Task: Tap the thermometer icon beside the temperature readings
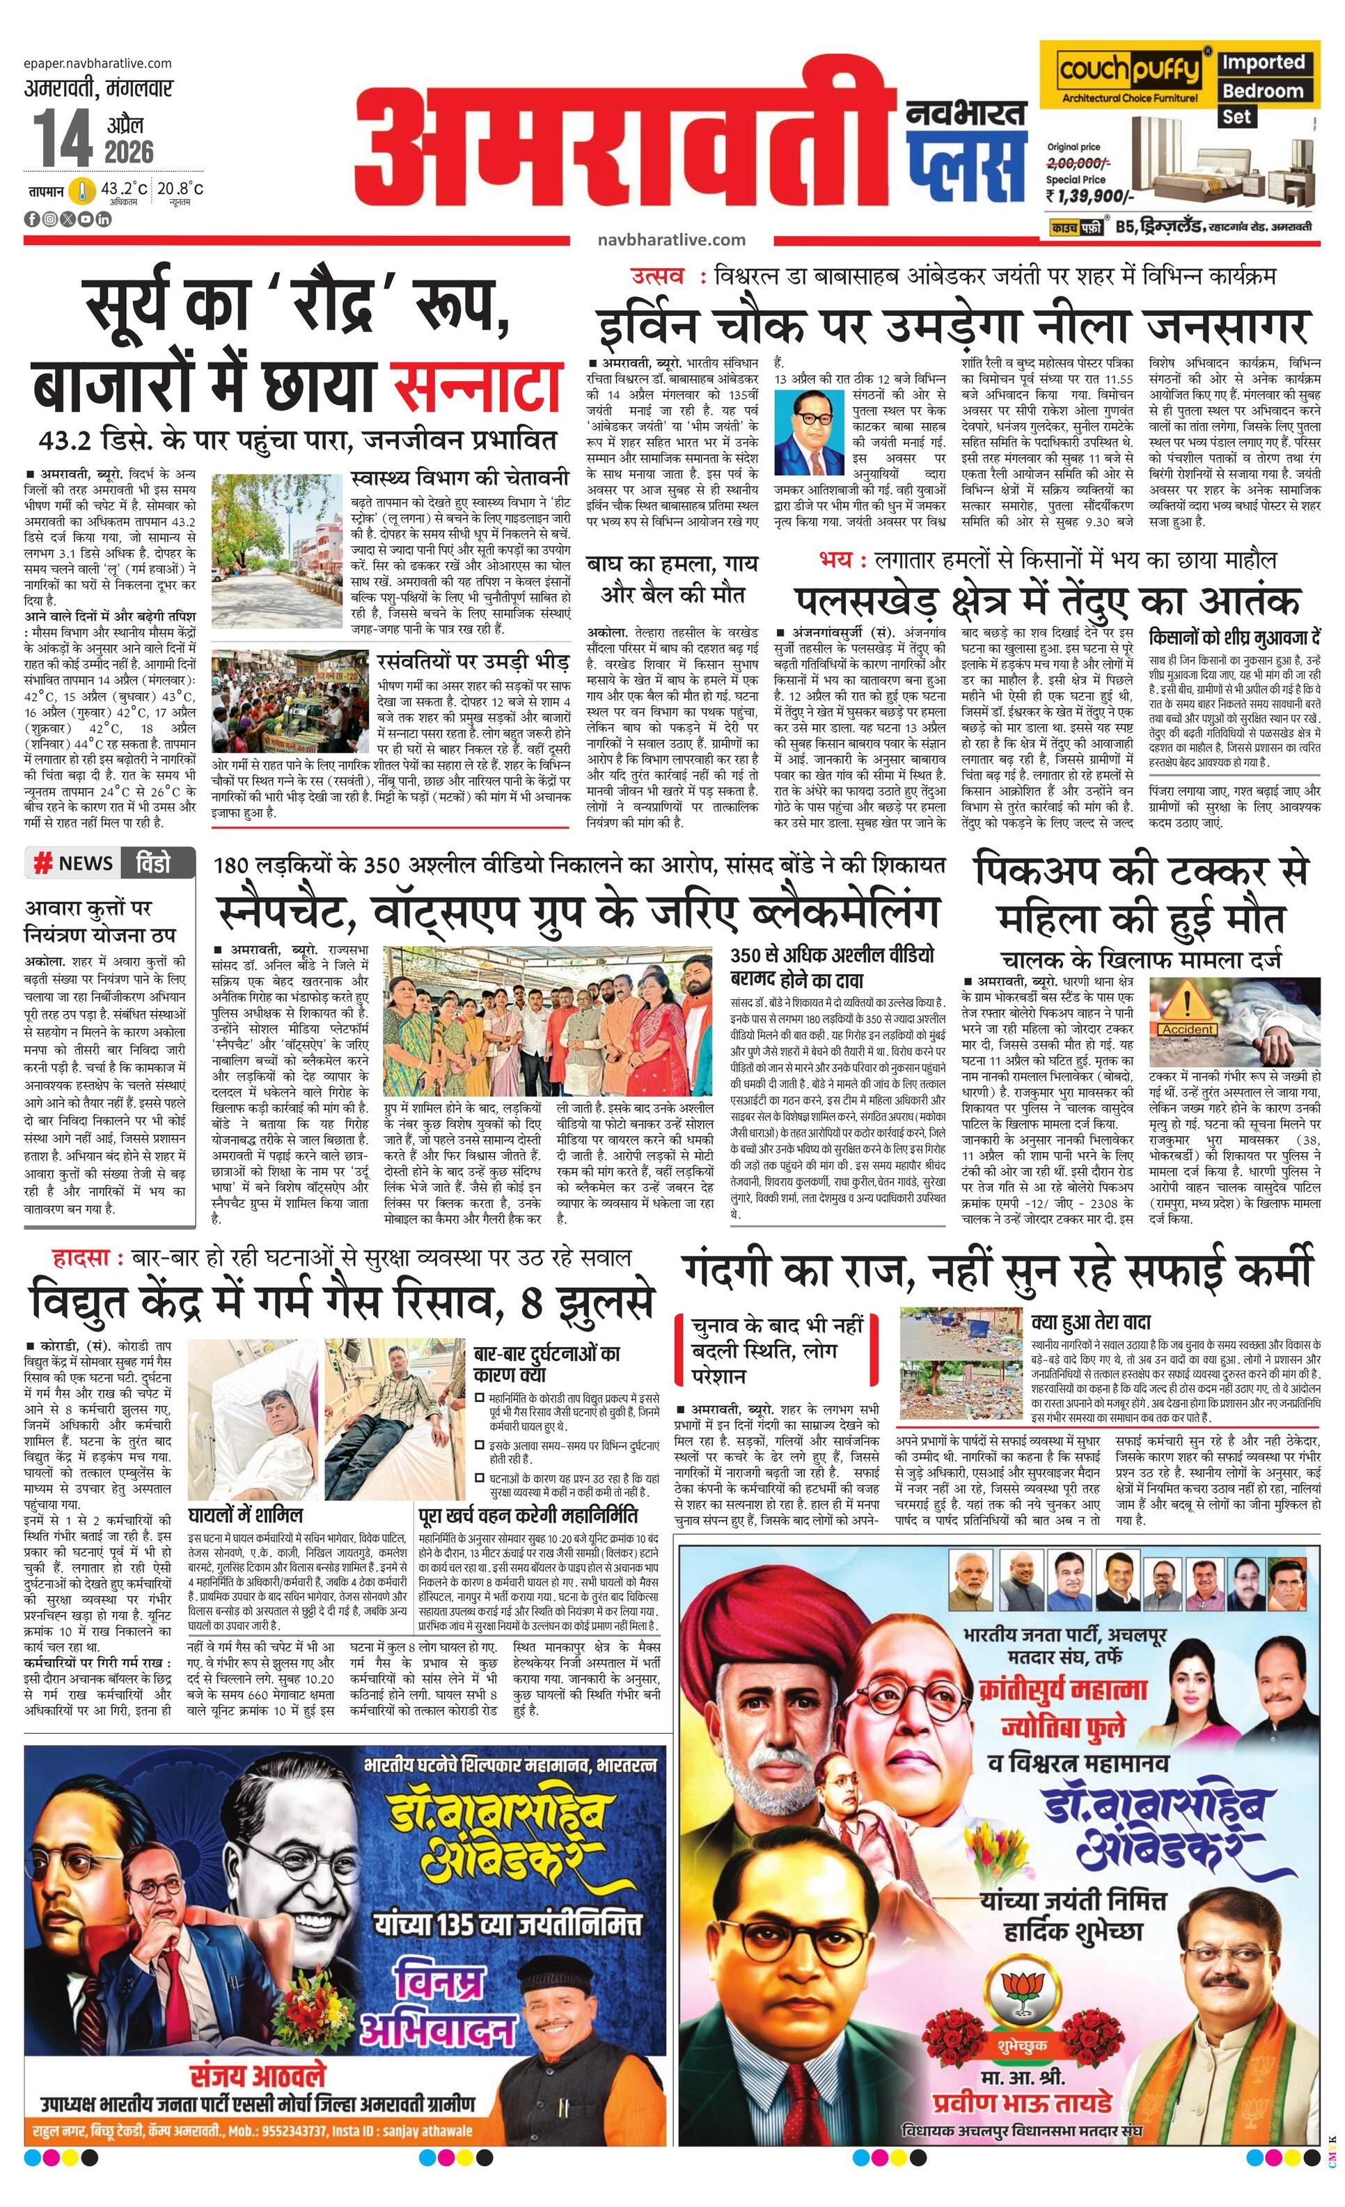[x=82, y=191]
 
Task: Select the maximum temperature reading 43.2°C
[x=123, y=189]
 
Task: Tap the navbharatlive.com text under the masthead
[x=671, y=239]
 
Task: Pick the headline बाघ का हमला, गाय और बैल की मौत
[x=671, y=579]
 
